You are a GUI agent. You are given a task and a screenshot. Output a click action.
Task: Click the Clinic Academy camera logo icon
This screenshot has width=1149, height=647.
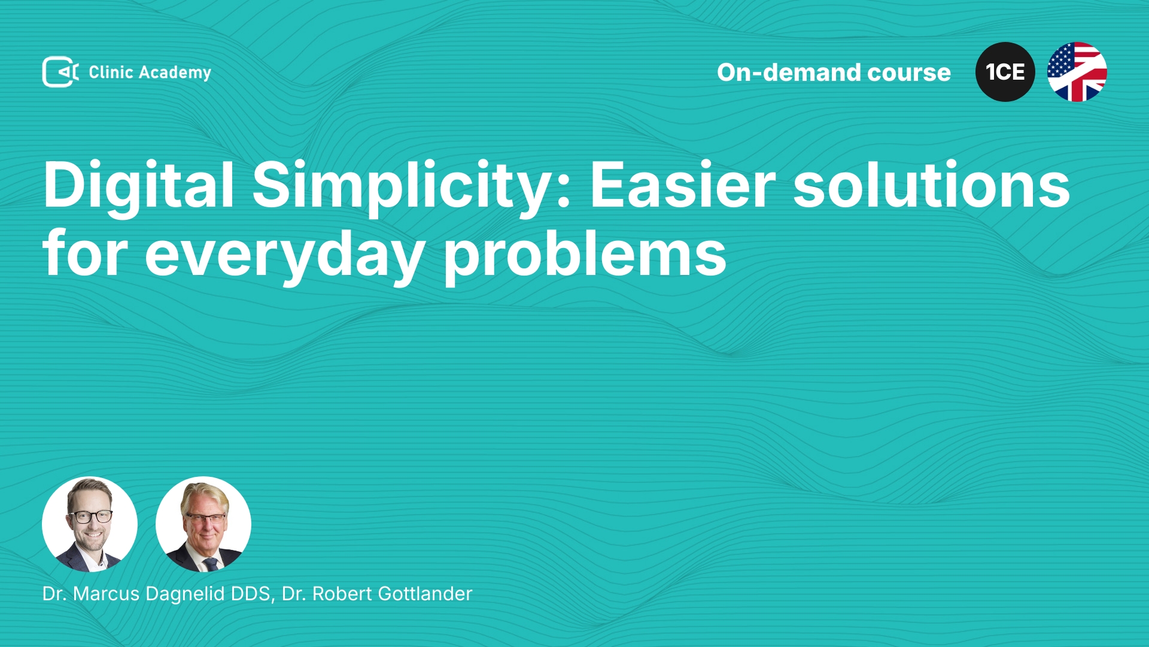tap(60, 72)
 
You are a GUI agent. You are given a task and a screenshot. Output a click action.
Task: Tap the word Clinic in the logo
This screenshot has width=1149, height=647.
tap(111, 72)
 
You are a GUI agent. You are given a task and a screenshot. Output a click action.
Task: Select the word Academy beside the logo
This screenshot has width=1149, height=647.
tap(175, 73)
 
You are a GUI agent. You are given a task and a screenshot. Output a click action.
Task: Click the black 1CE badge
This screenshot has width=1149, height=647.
tap(1005, 72)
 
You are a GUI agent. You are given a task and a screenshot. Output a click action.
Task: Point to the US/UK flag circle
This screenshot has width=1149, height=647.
tap(1077, 72)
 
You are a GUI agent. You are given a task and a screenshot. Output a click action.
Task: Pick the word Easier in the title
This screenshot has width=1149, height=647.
tap(683, 186)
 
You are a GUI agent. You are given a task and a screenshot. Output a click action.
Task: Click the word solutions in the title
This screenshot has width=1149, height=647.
tap(932, 186)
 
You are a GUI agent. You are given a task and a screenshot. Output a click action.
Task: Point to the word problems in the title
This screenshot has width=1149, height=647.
tap(585, 255)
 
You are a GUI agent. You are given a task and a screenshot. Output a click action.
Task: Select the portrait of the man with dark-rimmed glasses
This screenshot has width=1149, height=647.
tap(90, 524)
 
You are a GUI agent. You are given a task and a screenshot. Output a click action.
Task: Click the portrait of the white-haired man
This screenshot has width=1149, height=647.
tap(203, 524)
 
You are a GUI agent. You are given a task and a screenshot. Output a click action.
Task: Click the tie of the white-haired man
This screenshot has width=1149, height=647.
tap(211, 564)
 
